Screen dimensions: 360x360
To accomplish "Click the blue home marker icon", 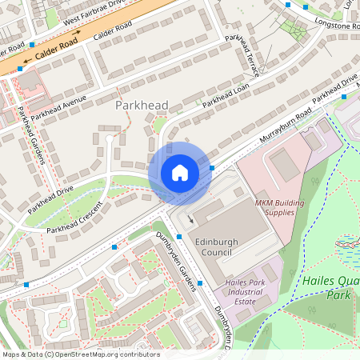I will [x=180, y=173].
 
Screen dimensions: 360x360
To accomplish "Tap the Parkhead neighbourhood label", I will [x=141, y=105].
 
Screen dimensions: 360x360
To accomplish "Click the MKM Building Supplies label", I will [x=280, y=207].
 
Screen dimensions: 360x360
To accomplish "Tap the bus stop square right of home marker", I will [x=212, y=167].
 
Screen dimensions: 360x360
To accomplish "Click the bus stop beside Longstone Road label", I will [x=288, y=6].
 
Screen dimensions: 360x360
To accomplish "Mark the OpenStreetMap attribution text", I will [x=80, y=354].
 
